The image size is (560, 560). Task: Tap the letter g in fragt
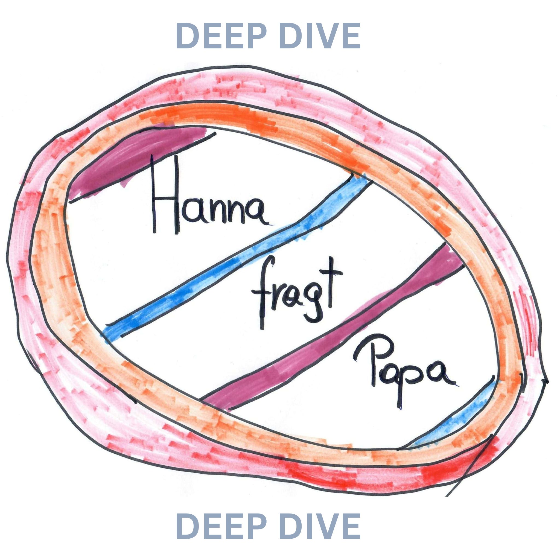tap(314, 304)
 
